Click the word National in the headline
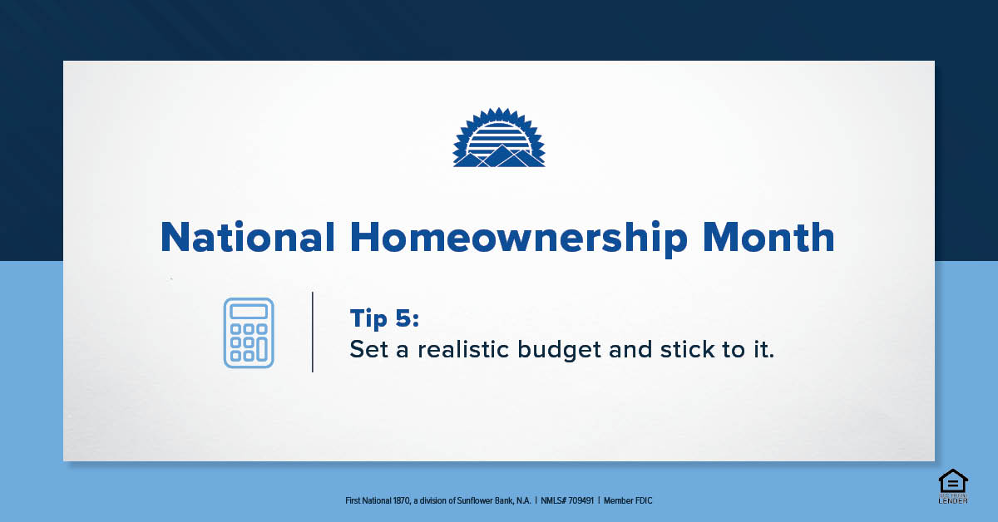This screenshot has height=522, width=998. pyautogui.click(x=247, y=237)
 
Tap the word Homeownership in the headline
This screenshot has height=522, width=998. pyautogui.click(x=519, y=239)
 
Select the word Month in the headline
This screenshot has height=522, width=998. pyautogui.click(x=768, y=237)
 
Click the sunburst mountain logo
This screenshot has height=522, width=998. pyautogui.click(x=499, y=137)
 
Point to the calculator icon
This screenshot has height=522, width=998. pyautogui.click(x=249, y=332)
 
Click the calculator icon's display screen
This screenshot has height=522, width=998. pyautogui.click(x=249, y=312)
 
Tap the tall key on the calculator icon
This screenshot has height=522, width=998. pyautogui.click(x=262, y=349)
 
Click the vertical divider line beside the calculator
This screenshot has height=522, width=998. pyautogui.click(x=313, y=332)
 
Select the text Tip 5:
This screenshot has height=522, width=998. pyautogui.click(x=384, y=319)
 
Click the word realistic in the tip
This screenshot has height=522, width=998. pyautogui.click(x=463, y=349)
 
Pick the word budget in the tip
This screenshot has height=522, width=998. pyautogui.click(x=559, y=350)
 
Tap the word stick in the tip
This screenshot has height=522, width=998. pyautogui.click(x=687, y=349)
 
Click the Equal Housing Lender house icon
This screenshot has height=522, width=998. pyautogui.click(x=953, y=481)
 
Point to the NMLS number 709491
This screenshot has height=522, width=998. pyautogui.click(x=581, y=500)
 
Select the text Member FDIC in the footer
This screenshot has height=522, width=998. pyautogui.click(x=628, y=500)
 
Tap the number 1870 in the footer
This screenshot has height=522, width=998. pyautogui.click(x=401, y=500)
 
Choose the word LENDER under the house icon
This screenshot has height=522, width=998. pyautogui.click(x=953, y=500)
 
